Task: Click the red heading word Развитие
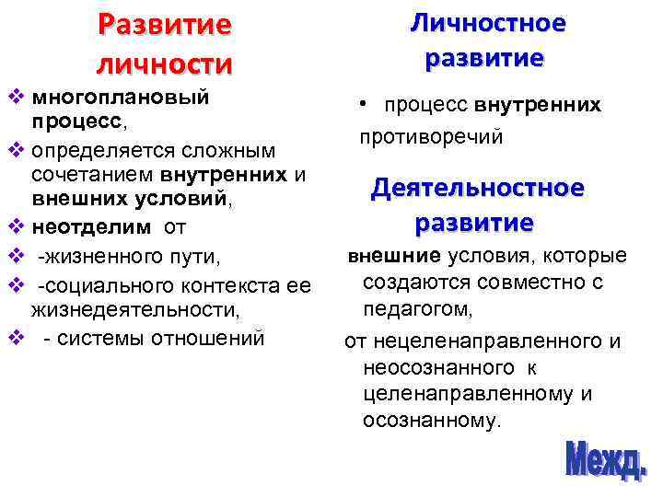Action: (166, 25)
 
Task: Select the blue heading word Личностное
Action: (488, 22)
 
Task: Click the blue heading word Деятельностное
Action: (477, 188)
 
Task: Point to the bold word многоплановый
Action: (120, 97)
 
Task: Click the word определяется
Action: (98, 148)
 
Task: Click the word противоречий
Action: (432, 136)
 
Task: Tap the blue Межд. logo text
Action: (605, 460)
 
